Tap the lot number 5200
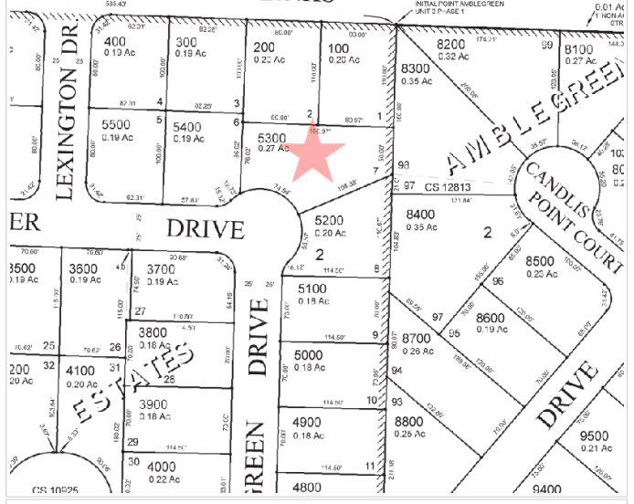330,220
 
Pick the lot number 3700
161,268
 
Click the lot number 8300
416,68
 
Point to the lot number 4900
307,422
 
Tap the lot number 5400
187,126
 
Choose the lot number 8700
416,339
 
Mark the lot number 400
115,42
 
